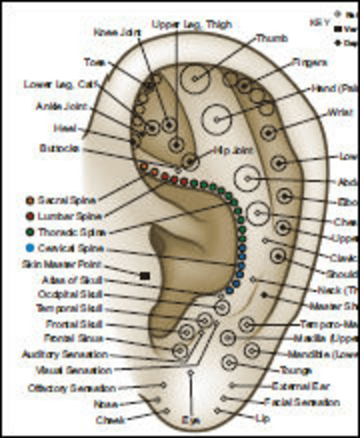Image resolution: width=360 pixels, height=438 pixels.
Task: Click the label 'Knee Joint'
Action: [x=114, y=32]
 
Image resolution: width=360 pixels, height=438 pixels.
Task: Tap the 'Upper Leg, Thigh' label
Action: [x=192, y=24]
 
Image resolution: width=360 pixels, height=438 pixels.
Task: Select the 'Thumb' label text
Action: [x=272, y=39]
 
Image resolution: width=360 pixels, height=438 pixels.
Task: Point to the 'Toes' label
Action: [x=95, y=62]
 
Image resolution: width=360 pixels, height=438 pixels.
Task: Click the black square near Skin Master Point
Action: [x=145, y=276]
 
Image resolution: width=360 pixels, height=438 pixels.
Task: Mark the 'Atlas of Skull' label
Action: [x=73, y=280]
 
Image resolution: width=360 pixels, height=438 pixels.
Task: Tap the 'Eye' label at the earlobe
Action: [x=191, y=420]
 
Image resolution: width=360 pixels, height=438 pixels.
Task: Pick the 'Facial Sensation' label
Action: [x=302, y=402]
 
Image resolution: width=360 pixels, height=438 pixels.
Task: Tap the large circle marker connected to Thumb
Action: [x=196, y=79]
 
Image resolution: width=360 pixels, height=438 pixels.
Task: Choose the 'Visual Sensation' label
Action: [x=73, y=370]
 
